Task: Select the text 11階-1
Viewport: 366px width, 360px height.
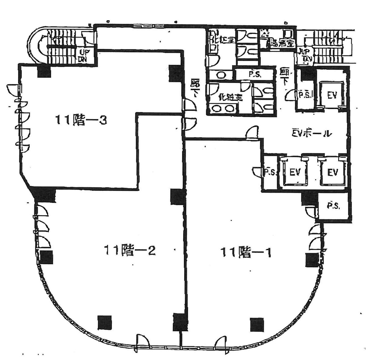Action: pyautogui.click(x=246, y=253)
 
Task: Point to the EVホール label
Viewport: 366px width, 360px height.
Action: pyautogui.click(x=311, y=133)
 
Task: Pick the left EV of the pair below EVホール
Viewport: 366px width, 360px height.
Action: pyautogui.click(x=295, y=172)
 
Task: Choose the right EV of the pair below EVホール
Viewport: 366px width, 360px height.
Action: pyautogui.click(x=333, y=172)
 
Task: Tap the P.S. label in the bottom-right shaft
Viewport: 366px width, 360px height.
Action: pyautogui.click(x=333, y=207)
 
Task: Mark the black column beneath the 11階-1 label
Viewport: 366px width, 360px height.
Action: pyautogui.click(x=256, y=324)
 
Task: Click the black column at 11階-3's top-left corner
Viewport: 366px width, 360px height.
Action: pyautogui.click(x=44, y=72)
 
